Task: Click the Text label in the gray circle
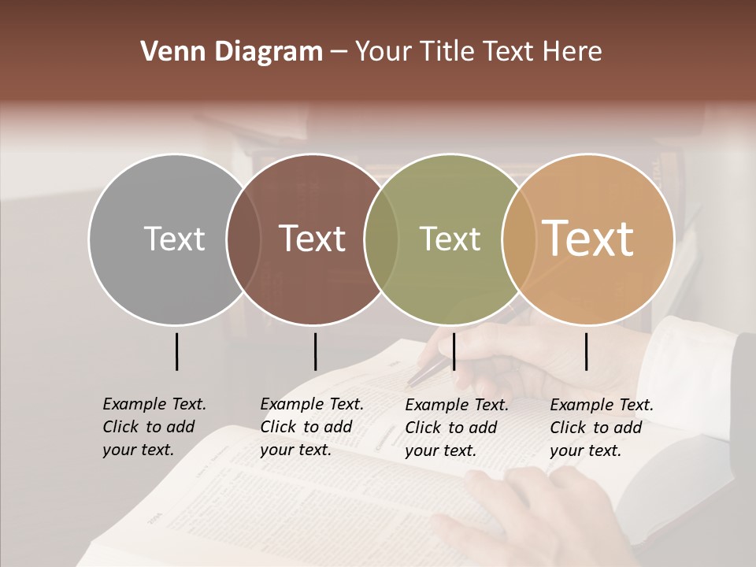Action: (x=174, y=239)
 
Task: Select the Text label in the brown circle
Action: (x=313, y=239)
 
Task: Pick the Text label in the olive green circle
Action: (x=450, y=239)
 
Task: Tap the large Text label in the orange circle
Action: (x=588, y=239)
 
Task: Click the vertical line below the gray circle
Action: (x=177, y=351)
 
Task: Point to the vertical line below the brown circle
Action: (x=315, y=351)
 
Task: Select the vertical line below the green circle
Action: (x=454, y=351)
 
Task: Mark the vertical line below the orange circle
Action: (x=586, y=351)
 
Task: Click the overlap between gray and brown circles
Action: (x=243, y=239)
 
